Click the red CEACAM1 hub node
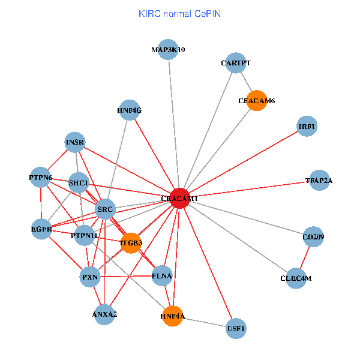pyautogui.click(x=179, y=197)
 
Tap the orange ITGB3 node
pyautogui.click(x=130, y=243)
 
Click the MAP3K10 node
pyautogui.click(x=168, y=50)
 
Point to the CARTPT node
pyautogui.click(x=235, y=62)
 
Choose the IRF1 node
pyautogui.click(x=307, y=127)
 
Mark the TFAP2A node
pyautogui.click(x=319, y=180)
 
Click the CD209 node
pyautogui.click(x=313, y=238)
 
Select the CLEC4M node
pyautogui.click(x=296, y=278)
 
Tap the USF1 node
pyautogui.click(x=236, y=329)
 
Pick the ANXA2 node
pyautogui.click(x=104, y=314)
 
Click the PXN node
pyautogui.click(x=90, y=277)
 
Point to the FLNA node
pyautogui.click(x=162, y=276)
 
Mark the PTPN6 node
pyautogui.click(x=40, y=178)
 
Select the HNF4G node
pyautogui.click(x=129, y=110)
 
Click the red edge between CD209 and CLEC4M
pyautogui.click(x=305, y=258)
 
